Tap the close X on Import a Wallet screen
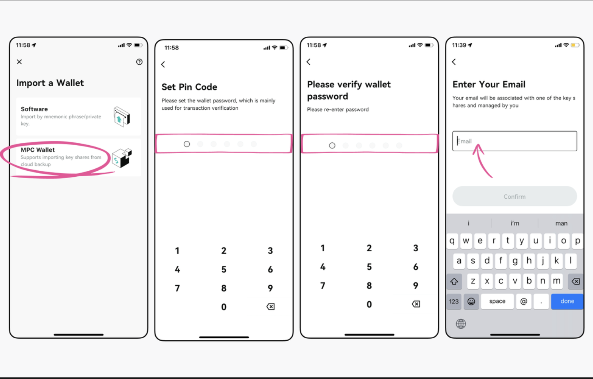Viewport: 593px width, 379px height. tap(19, 62)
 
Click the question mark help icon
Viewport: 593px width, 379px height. tap(139, 62)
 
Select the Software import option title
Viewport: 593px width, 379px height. tap(34, 109)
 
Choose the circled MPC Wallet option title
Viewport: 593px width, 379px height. tap(38, 150)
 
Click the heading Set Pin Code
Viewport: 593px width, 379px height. tap(189, 87)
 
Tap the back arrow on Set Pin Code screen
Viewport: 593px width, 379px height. tap(163, 64)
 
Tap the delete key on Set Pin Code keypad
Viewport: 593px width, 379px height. tap(270, 306)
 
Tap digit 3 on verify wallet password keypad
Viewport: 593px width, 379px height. tap(416, 248)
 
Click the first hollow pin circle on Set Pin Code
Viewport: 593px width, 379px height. tap(187, 144)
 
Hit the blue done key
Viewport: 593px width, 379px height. tap(567, 301)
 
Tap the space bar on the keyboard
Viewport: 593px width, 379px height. tap(497, 301)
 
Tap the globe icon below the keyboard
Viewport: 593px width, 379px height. tap(461, 324)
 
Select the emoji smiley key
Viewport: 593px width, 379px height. tap(471, 301)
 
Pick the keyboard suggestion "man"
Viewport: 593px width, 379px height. tap(561, 223)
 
